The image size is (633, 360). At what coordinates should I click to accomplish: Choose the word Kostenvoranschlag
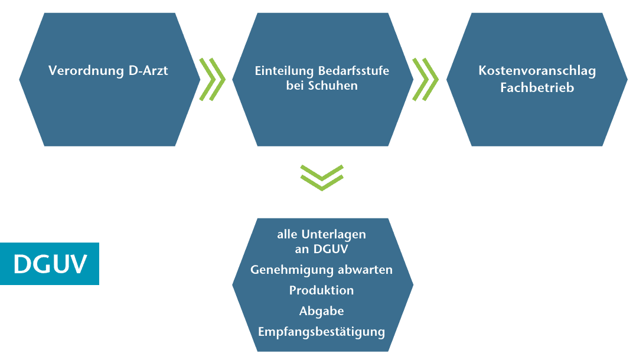tap(537, 71)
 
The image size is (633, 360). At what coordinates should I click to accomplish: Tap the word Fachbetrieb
tap(537, 88)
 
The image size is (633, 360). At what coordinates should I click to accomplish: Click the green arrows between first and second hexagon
tap(213, 79)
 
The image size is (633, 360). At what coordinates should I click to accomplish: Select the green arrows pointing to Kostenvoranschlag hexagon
tap(425, 79)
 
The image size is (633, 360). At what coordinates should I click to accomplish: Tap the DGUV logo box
tap(50, 264)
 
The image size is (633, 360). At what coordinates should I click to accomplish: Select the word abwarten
tap(366, 270)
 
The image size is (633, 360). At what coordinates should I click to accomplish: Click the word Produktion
tap(322, 290)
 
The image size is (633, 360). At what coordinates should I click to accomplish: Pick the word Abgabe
tap(322, 311)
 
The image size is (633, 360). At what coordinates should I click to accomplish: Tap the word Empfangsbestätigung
tap(322, 332)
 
